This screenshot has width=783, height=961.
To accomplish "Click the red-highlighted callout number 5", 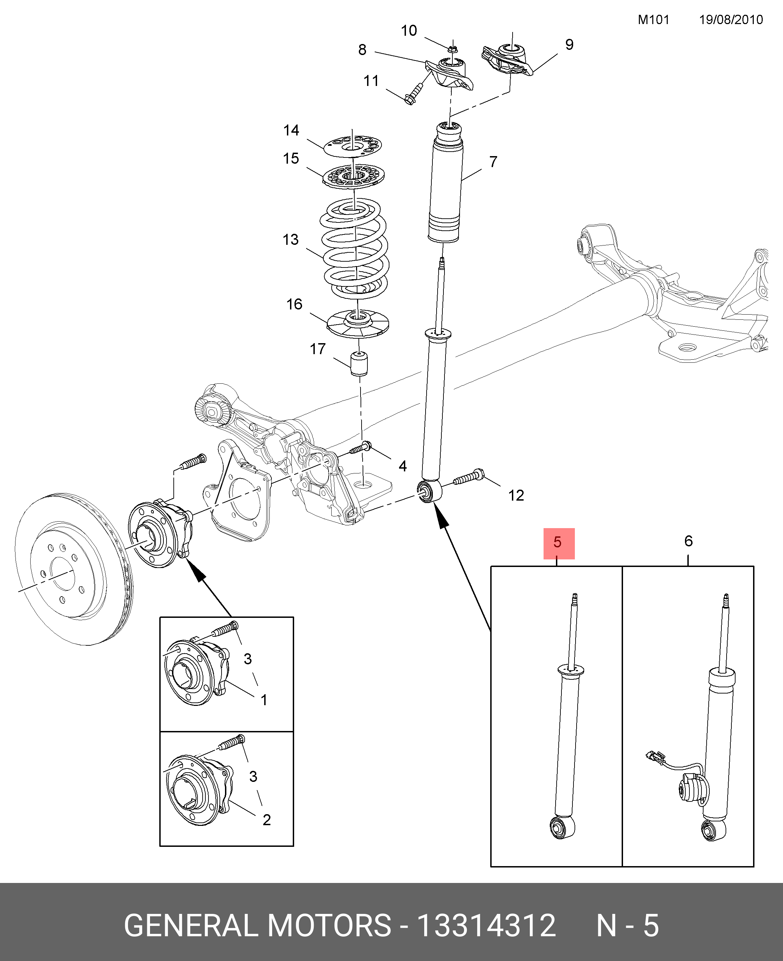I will [558, 542].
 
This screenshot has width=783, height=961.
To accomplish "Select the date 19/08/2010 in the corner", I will [731, 20].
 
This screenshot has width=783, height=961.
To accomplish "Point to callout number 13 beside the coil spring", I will [291, 239].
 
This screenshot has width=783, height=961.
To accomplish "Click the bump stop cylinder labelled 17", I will [359, 364].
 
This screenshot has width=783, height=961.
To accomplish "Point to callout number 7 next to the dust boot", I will [493, 162].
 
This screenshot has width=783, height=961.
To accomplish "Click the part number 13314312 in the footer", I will [486, 925].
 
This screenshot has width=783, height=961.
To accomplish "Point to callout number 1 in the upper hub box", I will [264, 700].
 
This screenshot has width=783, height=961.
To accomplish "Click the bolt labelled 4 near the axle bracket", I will [361, 448].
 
